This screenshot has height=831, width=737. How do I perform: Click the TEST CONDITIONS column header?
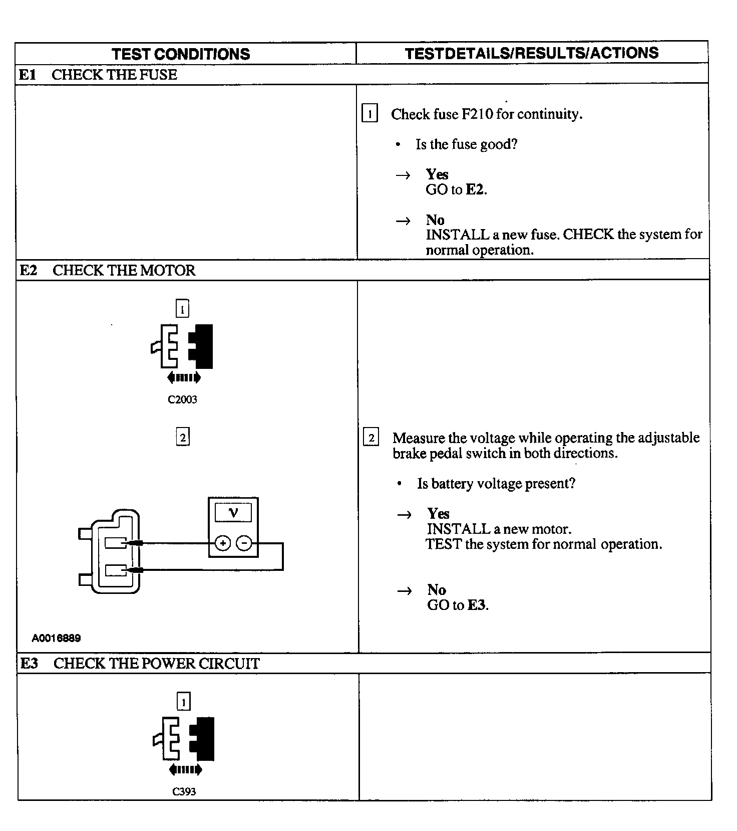181,54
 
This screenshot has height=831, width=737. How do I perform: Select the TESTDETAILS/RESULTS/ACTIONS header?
532,53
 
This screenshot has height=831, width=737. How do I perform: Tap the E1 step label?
28,75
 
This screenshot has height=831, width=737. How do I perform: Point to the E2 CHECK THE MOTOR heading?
107,271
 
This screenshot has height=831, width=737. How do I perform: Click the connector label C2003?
182,399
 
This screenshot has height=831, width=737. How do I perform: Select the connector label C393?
184,792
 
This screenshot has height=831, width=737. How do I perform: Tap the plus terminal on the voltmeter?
223,543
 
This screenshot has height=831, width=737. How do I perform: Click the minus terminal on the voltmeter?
244,543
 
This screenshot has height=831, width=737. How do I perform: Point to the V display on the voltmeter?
233,512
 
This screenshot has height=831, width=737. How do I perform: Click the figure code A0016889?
56,638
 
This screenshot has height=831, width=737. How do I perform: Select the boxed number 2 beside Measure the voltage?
371,438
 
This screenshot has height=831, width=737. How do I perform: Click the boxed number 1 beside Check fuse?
370,114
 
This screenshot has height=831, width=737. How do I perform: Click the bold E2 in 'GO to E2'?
475,189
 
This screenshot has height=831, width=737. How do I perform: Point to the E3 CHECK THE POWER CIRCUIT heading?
140,664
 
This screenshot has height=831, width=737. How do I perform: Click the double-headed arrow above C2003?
184,377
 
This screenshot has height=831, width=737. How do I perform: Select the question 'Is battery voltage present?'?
496,484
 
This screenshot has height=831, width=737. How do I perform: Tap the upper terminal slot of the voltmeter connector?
116,543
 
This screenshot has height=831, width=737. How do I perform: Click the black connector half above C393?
203,739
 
